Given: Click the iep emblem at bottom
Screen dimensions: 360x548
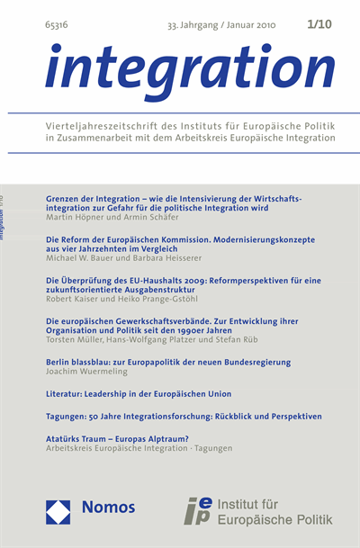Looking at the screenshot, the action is point(202,510).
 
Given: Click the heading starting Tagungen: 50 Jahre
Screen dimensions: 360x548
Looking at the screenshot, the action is point(183,417).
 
